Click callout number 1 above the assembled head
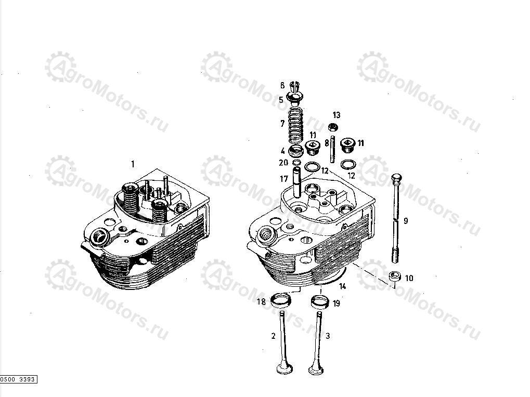133,164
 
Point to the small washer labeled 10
395,276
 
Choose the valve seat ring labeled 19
320,301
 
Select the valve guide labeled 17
297,184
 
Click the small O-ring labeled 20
296,163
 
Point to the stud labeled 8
332,149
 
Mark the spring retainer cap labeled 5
295,98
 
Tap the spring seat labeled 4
296,151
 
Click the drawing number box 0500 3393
19,379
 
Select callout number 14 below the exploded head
342,287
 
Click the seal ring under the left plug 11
313,166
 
